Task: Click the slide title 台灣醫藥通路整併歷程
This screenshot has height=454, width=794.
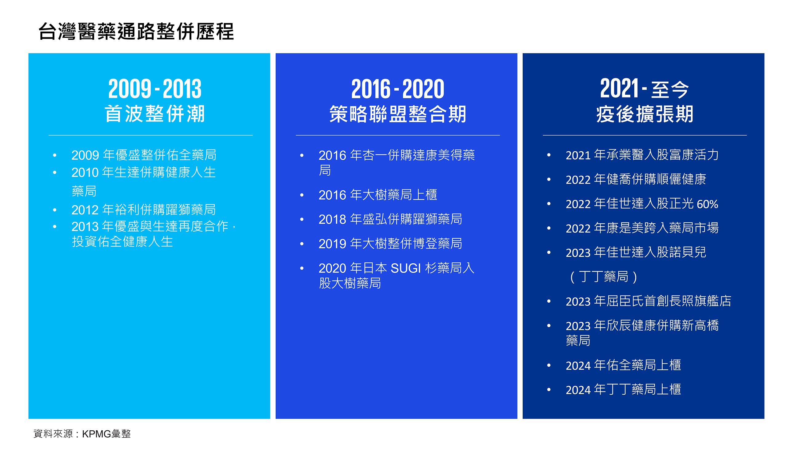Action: click(136, 31)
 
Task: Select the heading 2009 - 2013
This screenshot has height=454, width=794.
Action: click(155, 89)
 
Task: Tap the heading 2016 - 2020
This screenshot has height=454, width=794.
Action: click(398, 89)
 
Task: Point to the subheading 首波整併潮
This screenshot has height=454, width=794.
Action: click(155, 114)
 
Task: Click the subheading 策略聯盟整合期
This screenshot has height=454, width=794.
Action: click(398, 114)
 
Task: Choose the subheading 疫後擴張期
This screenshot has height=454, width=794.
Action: click(644, 114)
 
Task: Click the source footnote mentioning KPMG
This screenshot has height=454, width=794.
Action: click(82, 434)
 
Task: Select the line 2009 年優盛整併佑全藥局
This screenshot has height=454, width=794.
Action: click(144, 155)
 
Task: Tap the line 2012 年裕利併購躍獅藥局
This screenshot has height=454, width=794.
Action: click(143, 210)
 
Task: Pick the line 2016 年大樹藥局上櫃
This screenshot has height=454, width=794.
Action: click(378, 195)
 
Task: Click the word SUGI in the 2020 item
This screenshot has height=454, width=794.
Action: click(406, 268)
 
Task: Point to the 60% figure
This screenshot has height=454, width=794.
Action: click(707, 204)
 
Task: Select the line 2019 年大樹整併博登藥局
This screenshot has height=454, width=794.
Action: click(390, 244)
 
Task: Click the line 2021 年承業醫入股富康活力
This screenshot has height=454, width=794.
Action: click(642, 155)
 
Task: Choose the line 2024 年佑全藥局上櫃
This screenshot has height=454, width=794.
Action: click(623, 365)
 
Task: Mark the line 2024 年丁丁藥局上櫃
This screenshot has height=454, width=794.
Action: click(623, 389)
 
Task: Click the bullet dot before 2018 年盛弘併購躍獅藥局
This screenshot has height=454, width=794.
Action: click(301, 220)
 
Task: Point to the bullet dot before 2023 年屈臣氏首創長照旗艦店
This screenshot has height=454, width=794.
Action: click(549, 301)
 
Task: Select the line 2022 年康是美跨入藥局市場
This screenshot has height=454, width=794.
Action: click(642, 228)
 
